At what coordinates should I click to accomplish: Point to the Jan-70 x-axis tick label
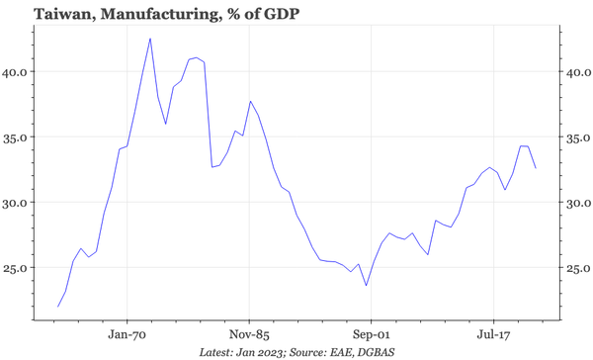[x=127, y=335]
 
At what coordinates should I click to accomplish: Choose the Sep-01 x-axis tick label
[x=370, y=335]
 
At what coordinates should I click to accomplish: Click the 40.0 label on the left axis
[x=17, y=72]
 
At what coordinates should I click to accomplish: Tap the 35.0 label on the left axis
[x=17, y=137]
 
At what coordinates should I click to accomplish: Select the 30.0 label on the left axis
[x=17, y=203]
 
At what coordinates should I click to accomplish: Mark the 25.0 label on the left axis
[x=17, y=268]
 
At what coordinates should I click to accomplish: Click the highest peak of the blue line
[x=150, y=39]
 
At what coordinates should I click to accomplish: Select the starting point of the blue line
[x=58, y=307]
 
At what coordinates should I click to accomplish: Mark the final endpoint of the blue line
[x=537, y=168]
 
